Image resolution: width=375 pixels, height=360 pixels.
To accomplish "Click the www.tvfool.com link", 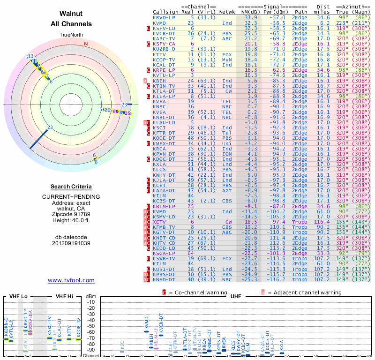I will [x=71, y=280].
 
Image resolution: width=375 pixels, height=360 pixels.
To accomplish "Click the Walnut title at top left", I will [x=71, y=14].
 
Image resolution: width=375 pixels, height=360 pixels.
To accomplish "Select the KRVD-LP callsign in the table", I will [x=164, y=17].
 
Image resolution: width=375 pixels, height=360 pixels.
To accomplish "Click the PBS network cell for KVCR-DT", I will [x=227, y=33].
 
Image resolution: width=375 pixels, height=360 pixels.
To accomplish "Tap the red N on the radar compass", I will [x=86, y=44].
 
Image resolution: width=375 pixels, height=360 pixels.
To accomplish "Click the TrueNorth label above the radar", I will [x=71, y=35].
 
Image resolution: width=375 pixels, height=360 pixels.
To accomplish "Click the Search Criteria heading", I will [x=71, y=187].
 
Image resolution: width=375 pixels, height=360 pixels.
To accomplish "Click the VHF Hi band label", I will [x=64, y=296].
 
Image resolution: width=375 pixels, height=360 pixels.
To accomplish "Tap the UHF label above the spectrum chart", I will [x=237, y=296].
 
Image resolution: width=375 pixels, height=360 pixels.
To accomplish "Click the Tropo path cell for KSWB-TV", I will [x=300, y=258].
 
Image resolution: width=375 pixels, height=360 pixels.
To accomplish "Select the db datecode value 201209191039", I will [x=71, y=243].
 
